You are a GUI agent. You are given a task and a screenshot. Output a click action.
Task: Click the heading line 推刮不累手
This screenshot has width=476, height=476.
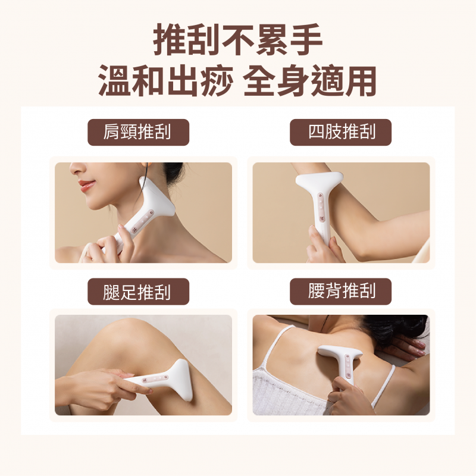tap(237, 40)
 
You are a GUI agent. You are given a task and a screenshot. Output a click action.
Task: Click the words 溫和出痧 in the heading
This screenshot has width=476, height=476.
tap(166, 80)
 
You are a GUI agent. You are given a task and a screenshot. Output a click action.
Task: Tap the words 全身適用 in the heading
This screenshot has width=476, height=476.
tap(310, 80)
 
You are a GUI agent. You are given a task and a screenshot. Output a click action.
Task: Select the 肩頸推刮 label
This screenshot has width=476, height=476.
tap(138, 132)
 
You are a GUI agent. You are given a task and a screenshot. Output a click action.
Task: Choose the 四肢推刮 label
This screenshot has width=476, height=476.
tap(340, 132)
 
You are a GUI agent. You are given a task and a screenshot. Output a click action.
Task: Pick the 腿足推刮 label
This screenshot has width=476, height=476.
tap(138, 292)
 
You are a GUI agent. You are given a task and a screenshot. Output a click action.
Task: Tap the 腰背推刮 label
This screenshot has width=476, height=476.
tap(340, 292)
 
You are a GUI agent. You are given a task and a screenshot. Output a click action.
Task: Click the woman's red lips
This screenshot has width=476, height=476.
tap(86, 185)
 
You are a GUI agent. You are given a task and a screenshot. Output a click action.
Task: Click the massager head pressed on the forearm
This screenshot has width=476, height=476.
tap(319, 180)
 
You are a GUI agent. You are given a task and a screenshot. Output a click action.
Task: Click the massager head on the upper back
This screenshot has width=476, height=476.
tap(340, 352)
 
